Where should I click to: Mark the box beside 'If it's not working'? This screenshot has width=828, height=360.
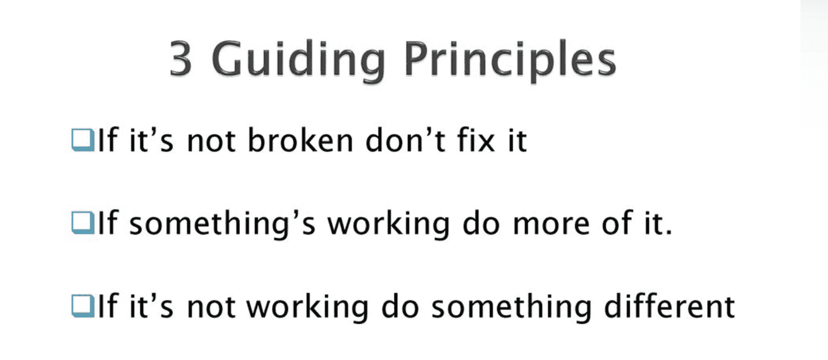point(82,307)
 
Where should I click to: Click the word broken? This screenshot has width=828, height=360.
point(294,141)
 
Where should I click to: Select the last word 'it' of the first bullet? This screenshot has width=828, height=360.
point(515,141)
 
